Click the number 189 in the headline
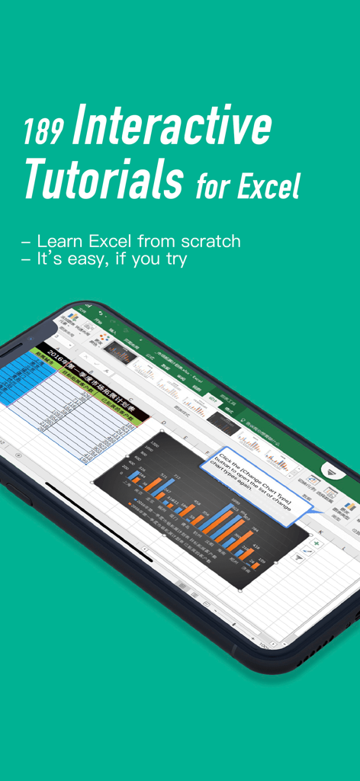click(x=43, y=132)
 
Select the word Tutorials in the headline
click(x=103, y=180)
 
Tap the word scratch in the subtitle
click(x=206, y=242)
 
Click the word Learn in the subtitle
click(x=60, y=242)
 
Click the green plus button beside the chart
click(x=316, y=523)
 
